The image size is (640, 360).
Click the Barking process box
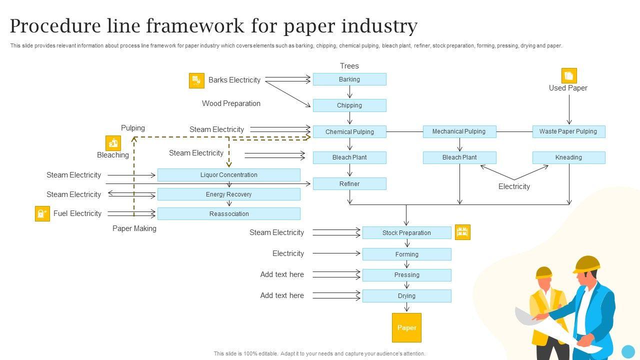click(x=349, y=79)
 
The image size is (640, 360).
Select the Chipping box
click(x=349, y=105)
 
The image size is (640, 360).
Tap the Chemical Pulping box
click(x=349, y=132)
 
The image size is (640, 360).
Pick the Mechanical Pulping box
click(x=459, y=131)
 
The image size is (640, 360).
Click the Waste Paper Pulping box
click(x=568, y=131)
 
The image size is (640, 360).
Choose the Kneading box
click(x=568, y=157)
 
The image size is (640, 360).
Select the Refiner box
click(x=349, y=184)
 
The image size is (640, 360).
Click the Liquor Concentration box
click(x=229, y=175)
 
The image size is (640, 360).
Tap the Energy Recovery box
click(x=229, y=194)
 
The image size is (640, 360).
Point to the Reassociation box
click(x=229, y=214)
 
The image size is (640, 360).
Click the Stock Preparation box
click(x=406, y=233)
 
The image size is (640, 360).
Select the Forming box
click(x=406, y=254)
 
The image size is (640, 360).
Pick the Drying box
click(x=406, y=296)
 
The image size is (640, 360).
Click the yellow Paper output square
click(x=406, y=328)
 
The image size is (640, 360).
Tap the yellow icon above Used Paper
click(x=569, y=75)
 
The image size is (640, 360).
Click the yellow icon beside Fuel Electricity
click(x=42, y=213)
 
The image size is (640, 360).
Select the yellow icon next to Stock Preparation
click(x=462, y=232)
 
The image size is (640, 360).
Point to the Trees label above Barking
click(x=349, y=66)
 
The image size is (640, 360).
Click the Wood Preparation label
click(x=231, y=103)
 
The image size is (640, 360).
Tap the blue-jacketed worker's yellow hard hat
click(x=587, y=263)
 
